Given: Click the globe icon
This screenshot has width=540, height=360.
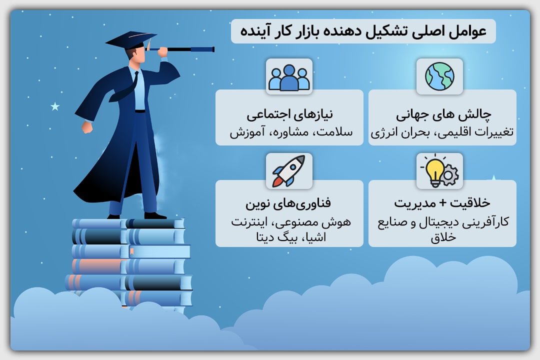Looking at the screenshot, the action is (439, 76).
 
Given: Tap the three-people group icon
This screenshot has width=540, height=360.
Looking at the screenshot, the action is (289, 77).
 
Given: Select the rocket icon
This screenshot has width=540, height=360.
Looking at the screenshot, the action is (289, 171).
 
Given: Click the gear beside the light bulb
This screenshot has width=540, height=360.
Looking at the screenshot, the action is (448, 175).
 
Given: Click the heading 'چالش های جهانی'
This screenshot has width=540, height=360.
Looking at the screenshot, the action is (443, 114).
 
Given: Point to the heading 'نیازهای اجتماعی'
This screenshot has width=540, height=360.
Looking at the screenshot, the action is (289, 114).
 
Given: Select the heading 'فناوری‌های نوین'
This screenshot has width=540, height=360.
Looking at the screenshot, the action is (288, 203).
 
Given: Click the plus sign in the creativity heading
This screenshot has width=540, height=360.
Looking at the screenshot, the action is (442, 203).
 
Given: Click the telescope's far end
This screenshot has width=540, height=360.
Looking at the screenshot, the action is (213, 49).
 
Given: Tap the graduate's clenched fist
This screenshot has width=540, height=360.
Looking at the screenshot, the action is (87, 127).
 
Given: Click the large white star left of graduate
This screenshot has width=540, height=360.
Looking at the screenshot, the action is (55, 106).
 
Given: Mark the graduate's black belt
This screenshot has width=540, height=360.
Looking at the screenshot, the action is (140, 111).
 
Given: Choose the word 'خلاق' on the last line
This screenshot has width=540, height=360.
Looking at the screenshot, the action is (443, 237).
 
